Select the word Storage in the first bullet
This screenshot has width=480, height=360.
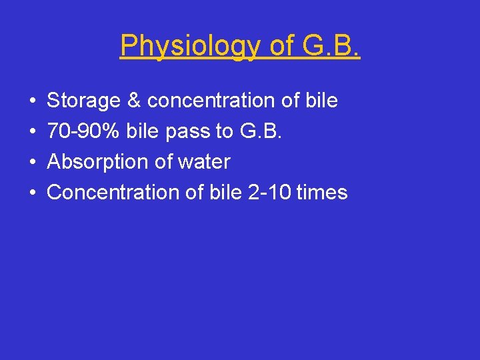tap(83, 101)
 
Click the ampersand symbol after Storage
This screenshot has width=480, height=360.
tap(133, 101)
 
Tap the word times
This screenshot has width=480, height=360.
tap(322, 193)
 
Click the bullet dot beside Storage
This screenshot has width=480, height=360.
tap(33, 102)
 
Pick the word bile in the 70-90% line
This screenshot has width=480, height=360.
tap(141, 131)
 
